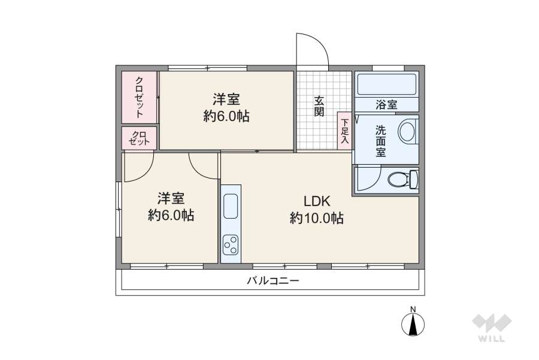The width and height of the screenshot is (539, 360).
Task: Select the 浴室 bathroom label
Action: coord(386,105)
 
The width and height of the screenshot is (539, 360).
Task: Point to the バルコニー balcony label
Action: coord(272,280)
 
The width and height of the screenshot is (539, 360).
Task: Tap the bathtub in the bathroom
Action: coord(386,84)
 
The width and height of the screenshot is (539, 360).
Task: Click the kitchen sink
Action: coord(231,207)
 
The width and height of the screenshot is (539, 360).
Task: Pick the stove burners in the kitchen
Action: coord(231,244)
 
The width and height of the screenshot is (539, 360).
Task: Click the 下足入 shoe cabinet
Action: coord(344,131)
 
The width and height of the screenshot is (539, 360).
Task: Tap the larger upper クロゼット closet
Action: coord(139,96)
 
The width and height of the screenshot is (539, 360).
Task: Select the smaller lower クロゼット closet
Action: coord(139,138)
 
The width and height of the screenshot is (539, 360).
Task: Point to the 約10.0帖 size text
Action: coord(316,219)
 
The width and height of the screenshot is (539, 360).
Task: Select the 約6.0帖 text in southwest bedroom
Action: coord(171,215)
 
